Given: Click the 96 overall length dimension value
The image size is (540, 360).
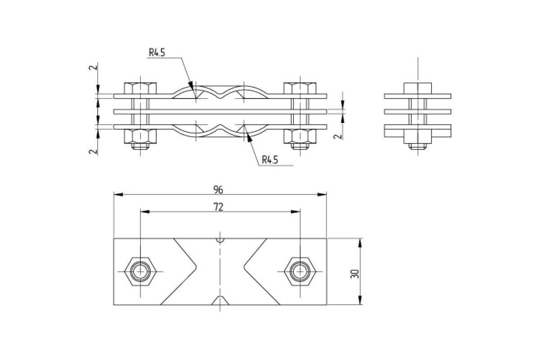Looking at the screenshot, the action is coord(218,190).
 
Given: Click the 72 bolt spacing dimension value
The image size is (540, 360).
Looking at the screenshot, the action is coord(218,207).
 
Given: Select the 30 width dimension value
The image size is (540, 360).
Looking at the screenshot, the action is coord(355,274).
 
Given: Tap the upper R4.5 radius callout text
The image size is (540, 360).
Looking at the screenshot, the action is coord(157,53).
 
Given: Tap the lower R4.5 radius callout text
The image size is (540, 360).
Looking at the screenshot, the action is coord(270,160).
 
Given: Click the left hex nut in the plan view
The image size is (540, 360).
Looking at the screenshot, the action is coord(140,271).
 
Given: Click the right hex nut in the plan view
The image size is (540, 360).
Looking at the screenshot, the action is coord(300,271).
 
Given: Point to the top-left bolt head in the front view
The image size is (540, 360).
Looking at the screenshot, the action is coord(140,88).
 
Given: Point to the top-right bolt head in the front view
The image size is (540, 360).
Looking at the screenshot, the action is coord(300,88).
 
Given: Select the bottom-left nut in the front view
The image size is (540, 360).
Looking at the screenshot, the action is coord(140,136).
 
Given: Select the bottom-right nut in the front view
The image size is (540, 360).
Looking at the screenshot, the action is coord(300,136).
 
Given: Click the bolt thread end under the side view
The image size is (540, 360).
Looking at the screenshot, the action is coord(418,146).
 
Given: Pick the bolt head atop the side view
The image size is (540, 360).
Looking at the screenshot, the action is coord(418,88).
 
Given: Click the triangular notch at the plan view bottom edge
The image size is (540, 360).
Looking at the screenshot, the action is coord(220,301).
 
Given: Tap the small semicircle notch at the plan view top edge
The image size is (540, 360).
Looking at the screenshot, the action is coord(220,240).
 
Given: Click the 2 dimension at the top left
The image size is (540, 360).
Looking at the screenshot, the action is coord(93,67).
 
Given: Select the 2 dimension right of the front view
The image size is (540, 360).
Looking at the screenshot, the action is coord(338,136).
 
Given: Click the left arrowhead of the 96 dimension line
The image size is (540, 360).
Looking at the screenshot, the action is coord(118,194).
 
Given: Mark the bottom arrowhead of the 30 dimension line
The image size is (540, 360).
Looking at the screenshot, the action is coord(360,300).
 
